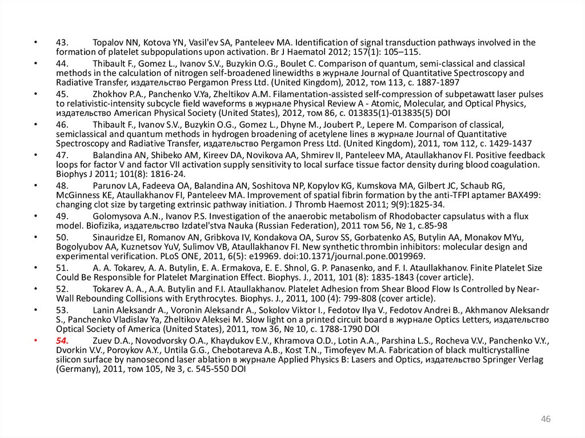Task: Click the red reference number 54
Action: pos(62,341)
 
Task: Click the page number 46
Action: pos(545,420)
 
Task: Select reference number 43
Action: pos(62,42)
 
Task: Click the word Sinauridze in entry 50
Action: pos(115,237)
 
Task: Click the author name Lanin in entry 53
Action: pos(103,310)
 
